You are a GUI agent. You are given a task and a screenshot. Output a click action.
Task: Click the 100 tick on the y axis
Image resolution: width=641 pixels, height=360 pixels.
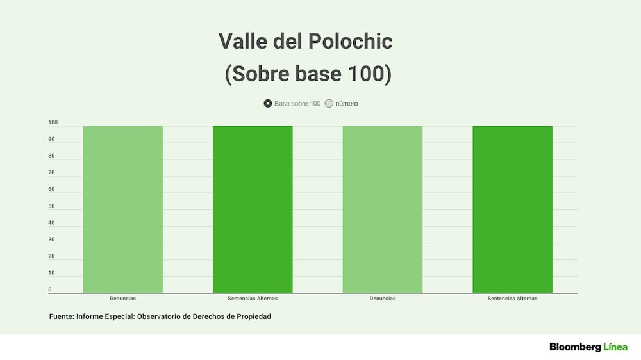point(53,122)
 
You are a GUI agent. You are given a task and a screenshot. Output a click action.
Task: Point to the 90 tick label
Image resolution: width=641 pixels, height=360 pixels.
point(51,140)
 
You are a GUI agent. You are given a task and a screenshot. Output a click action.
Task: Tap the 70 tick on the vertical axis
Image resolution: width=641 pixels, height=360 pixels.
point(51,172)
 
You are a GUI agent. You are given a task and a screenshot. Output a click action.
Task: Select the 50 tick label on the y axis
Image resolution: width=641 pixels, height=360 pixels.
point(51,206)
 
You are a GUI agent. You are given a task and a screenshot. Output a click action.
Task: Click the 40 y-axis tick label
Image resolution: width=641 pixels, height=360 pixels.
point(51,223)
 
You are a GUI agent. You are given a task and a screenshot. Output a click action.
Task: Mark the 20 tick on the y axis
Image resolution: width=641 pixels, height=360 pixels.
point(51,256)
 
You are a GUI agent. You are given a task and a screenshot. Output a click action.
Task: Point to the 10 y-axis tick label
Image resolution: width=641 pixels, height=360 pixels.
point(51,273)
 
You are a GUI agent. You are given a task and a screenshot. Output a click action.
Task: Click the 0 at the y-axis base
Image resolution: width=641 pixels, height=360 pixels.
point(50,290)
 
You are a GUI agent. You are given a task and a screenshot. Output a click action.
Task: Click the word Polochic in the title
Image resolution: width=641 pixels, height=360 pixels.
point(351,41)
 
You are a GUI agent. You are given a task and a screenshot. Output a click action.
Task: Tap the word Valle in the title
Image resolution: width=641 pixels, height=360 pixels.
point(243,41)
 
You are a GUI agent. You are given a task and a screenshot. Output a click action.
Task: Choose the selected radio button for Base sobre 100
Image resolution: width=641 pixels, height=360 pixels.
point(268,103)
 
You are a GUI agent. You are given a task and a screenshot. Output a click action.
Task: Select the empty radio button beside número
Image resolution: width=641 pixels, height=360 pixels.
point(329,103)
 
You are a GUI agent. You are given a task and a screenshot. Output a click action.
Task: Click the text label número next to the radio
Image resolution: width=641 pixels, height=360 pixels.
point(347,104)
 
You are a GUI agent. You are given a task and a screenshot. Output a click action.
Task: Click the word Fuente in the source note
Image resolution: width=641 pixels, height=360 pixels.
point(62,316)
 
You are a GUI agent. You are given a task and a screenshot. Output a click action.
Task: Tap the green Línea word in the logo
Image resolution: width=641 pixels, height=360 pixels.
point(615,347)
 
